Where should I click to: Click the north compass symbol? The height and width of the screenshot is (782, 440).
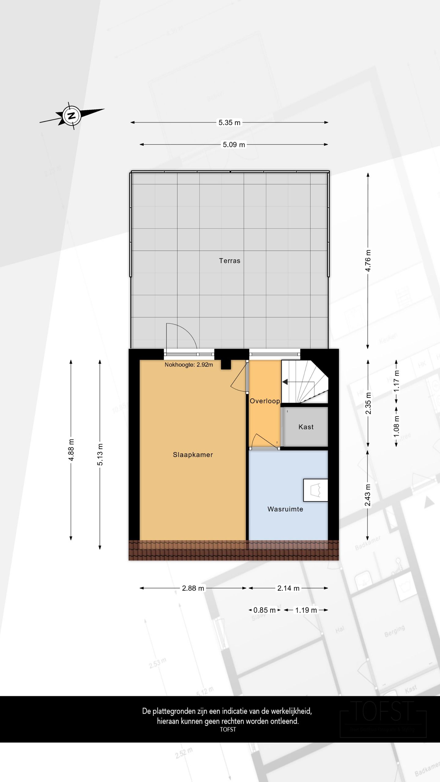pyautogui.click(x=72, y=116)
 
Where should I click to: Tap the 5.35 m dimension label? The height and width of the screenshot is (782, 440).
pyautogui.click(x=229, y=122)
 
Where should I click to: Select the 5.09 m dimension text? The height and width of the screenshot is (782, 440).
pyautogui.click(x=234, y=144)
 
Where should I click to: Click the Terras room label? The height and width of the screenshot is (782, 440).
pyautogui.click(x=229, y=261)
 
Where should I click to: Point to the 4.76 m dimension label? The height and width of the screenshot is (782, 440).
pyautogui.click(x=368, y=260)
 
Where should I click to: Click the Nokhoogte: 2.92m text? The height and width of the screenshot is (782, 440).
pyautogui.click(x=189, y=364)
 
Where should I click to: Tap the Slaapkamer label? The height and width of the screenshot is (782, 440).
pyautogui.click(x=193, y=455)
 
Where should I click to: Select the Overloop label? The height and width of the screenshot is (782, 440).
pyautogui.click(x=265, y=401)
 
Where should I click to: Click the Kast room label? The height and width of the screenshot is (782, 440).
pyautogui.click(x=306, y=427)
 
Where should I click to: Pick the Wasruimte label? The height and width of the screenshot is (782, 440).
pyautogui.click(x=285, y=509)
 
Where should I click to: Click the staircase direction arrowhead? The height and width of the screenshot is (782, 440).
pyautogui.click(x=285, y=382)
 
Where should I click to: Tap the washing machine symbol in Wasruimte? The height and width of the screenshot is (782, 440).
pyautogui.click(x=315, y=490)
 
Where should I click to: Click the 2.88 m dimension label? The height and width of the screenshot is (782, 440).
pyautogui.click(x=193, y=588)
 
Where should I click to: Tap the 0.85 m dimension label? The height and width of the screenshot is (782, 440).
pyautogui.click(x=264, y=610)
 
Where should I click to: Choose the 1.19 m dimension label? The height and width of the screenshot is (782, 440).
pyautogui.click(x=306, y=610)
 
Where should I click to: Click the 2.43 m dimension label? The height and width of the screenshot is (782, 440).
pyautogui.click(x=368, y=495)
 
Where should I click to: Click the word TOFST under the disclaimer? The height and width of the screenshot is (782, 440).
pyautogui.click(x=228, y=729)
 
